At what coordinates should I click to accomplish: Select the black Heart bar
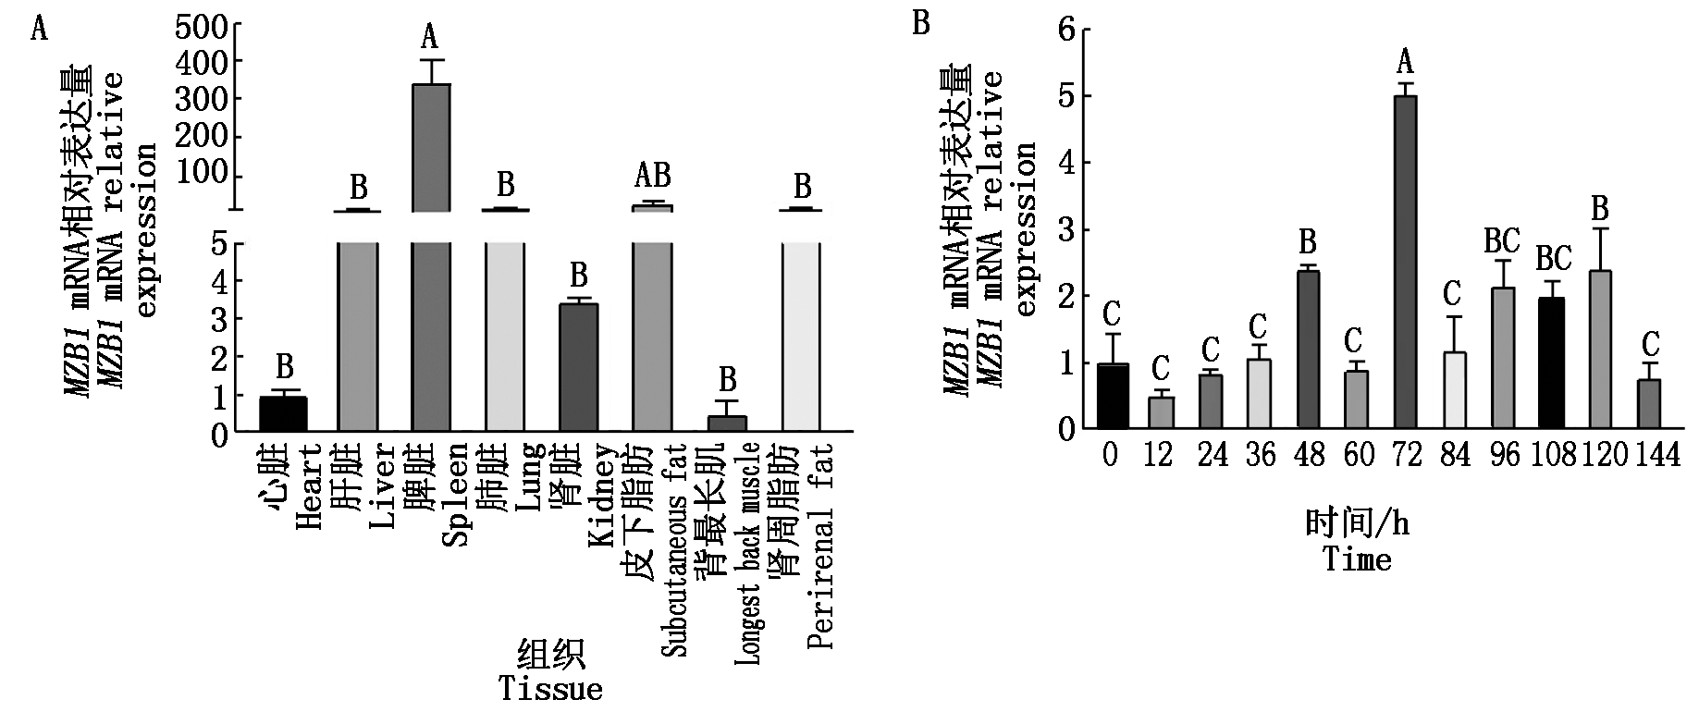(283, 413)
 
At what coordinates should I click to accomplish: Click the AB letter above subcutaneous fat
(652, 176)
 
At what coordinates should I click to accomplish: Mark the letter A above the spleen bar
(429, 37)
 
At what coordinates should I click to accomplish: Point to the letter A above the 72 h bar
(1405, 63)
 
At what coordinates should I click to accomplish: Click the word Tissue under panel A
(550, 689)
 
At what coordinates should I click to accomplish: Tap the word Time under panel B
(1356, 559)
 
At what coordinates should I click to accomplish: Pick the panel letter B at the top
(920, 23)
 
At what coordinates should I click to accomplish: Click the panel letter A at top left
(39, 30)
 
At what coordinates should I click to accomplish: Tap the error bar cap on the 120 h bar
(1601, 228)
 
